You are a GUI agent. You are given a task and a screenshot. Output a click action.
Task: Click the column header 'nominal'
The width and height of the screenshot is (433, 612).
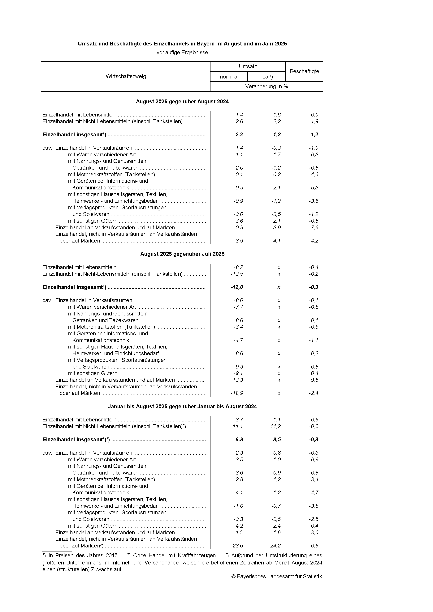[229, 77]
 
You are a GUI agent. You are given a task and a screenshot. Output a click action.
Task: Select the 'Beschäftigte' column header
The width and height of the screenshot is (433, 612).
[304, 71]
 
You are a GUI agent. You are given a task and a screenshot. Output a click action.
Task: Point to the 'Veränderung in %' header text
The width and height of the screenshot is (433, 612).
[266, 86]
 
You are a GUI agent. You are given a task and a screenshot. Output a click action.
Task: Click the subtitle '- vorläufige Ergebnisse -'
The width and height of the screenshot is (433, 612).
[183, 53]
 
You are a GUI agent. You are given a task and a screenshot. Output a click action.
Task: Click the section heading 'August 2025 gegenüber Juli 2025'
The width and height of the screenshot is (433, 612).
[183, 254]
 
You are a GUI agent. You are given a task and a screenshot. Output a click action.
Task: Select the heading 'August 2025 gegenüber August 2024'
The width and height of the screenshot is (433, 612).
[183, 102]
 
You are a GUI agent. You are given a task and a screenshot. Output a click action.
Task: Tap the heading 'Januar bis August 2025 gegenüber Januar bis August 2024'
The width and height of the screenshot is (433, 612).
[183, 407]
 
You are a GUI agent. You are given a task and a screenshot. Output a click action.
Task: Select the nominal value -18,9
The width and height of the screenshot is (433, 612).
[237, 393]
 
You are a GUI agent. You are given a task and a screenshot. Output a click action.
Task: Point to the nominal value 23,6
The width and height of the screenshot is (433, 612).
[238, 546]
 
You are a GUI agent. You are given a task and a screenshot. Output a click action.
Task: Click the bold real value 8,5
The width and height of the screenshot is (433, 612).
[277, 440]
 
